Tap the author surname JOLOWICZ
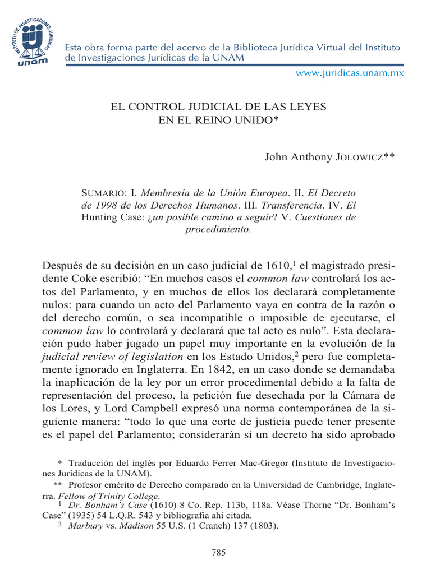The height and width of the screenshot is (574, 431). point(354,158)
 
